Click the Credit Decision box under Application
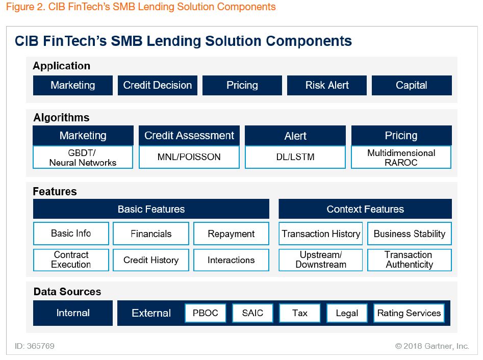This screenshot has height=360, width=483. tap(158, 85)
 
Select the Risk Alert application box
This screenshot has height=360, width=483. tap(327, 85)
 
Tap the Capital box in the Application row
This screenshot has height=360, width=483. tap(412, 85)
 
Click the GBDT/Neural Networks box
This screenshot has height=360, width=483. tap(83, 158)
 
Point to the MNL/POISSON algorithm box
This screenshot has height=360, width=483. tap(189, 158)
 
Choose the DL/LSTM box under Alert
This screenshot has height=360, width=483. tap(295, 158)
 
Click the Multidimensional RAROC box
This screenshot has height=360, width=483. tap(401, 158)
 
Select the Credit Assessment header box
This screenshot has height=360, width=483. tap(189, 136)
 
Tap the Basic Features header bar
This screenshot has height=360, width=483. tap(151, 209)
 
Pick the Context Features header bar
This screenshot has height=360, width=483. tap(365, 209)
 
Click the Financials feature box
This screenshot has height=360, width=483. tap(151, 234)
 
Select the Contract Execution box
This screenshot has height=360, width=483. tap(71, 260)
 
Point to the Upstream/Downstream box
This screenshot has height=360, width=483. tap(321, 260)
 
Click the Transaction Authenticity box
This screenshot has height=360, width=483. tap(410, 260)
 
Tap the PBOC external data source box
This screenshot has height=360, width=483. tap(206, 313)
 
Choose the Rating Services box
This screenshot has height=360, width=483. tap(409, 313)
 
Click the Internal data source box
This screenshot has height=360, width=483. tap(73, 313)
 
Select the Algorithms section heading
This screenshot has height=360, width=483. tap(61, 118)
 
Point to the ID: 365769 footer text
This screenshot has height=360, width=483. tap(35, 346)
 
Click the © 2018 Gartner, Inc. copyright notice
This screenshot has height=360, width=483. tap(432, 346)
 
